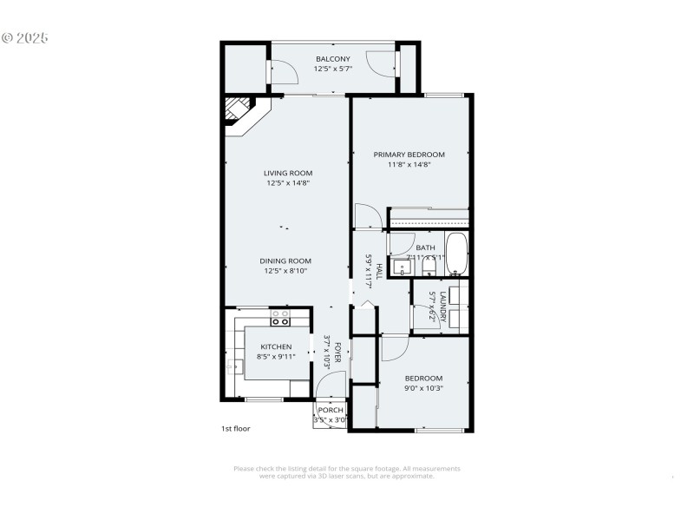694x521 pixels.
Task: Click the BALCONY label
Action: click(x=333, y=59)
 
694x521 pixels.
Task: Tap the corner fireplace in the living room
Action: click(x=237, y=111)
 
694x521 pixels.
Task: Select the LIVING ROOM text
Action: click(x=288, y=173)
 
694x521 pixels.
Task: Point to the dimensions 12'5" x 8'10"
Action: click(x=285, y=271)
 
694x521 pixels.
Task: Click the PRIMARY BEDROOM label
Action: click(x=409, y=155)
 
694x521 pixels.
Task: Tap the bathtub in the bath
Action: click(x=456, y=253)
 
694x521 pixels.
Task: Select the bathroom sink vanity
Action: click(x=400, y=265)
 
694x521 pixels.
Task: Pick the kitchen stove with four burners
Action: click(x=280, y=319)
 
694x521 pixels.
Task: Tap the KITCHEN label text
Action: click(x=276, y=347)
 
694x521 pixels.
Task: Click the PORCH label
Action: click(x=331, y=411)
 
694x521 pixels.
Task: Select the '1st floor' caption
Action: click(x=235, y=429)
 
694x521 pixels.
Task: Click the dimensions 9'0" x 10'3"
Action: click(x=424, y=388)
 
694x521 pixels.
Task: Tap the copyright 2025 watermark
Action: click(x=25, y=38)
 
